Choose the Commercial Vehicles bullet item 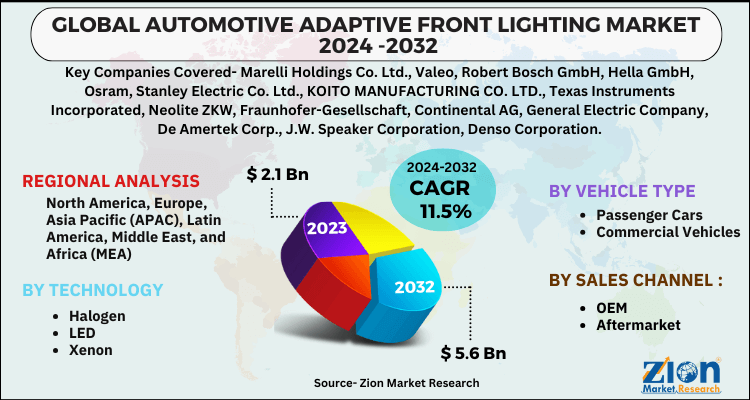coord(667,232)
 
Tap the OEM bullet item coord(614,307)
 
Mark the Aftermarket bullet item coord(638,325)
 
